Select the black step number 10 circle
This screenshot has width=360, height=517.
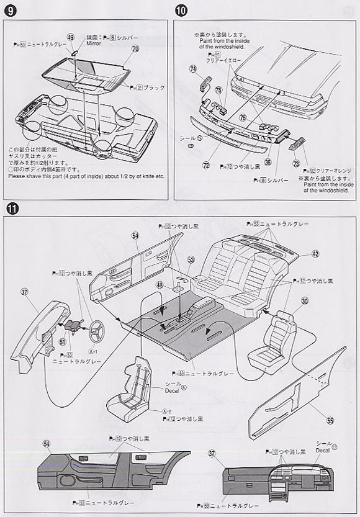tap(181, 11)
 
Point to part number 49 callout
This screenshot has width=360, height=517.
tap(71, 38)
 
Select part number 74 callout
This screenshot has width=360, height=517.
tap(193, 69)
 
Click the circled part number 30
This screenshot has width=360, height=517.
tap(305, 301)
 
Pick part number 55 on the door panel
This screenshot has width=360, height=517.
tap(330, 420)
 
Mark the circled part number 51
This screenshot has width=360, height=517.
tap(63, 341)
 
